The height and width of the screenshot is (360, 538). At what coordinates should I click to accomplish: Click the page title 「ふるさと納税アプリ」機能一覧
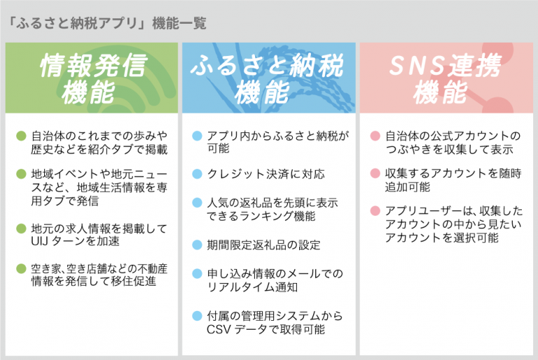coord(107,23)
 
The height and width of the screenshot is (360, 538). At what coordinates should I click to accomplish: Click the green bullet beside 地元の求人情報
coord(21,228)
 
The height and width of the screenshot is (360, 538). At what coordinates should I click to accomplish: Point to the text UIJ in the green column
coord(39,241)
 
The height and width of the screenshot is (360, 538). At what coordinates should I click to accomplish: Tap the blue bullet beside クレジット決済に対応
coord(198,174)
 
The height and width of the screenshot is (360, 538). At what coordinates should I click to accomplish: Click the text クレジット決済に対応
coord(266,174)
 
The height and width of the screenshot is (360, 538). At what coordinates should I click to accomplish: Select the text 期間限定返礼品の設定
coord(264,245)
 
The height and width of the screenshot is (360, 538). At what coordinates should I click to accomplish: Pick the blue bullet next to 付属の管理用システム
coord(198,316)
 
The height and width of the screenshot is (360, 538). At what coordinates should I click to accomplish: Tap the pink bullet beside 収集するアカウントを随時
coord(375,173)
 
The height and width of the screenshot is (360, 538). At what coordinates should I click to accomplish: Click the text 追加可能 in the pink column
coord(408,187)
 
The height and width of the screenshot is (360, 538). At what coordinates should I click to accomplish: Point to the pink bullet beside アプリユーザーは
coord(375,211)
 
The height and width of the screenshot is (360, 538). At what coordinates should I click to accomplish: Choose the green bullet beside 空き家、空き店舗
coord(21,268)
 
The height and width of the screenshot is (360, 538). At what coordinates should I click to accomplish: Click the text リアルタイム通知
coord(252,287)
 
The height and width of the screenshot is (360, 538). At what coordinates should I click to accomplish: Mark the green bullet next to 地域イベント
coord(21,174)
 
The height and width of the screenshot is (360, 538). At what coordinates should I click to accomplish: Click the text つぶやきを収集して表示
coord(450,149)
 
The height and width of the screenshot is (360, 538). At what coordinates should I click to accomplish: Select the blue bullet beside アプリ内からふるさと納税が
coord(198,136)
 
